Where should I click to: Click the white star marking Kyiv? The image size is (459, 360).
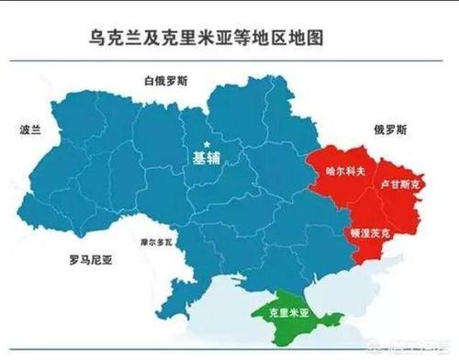[x=208, y=144]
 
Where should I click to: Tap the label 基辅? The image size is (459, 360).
[x=207, y=157]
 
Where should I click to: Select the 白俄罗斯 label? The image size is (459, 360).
[x=166, y=82]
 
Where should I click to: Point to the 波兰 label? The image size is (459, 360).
[x=30, y=130]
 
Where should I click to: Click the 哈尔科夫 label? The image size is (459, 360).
[x=346, y=171]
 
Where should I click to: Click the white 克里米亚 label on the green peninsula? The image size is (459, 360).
[x=288, y=312]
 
